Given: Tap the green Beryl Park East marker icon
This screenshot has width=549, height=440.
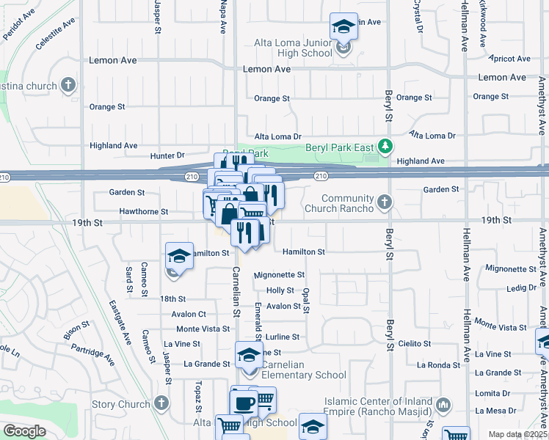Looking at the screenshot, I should [x=383, y=145].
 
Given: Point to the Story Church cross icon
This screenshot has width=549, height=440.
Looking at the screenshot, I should [x=161, y=404].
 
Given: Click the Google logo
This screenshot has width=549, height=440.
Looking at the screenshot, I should [x=24, y=431].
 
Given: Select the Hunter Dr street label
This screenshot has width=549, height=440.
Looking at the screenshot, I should [x=167, y=155].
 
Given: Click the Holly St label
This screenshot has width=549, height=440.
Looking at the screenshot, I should [x=280, y=291].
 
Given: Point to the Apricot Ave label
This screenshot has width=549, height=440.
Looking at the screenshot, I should [x=512, y=59].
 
